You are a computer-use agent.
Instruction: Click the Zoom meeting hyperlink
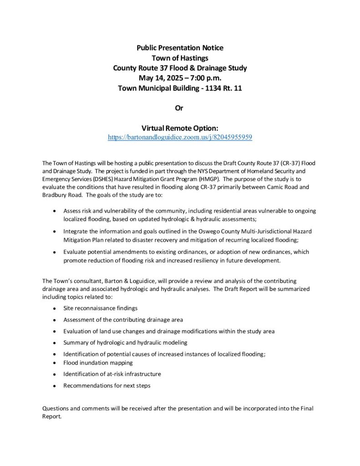(180, 137)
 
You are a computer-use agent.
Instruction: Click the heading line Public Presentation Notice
(180, 47)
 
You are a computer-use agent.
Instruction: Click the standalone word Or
(180, 108)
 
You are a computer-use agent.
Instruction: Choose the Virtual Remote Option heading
(180, 128)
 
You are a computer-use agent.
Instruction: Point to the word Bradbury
(54, 195)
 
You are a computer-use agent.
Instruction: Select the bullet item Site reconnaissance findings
(100, 308)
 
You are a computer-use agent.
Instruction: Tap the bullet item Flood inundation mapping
(98, 363)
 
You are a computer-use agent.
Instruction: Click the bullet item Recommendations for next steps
(106, 385)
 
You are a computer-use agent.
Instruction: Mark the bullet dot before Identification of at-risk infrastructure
(55, 375)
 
